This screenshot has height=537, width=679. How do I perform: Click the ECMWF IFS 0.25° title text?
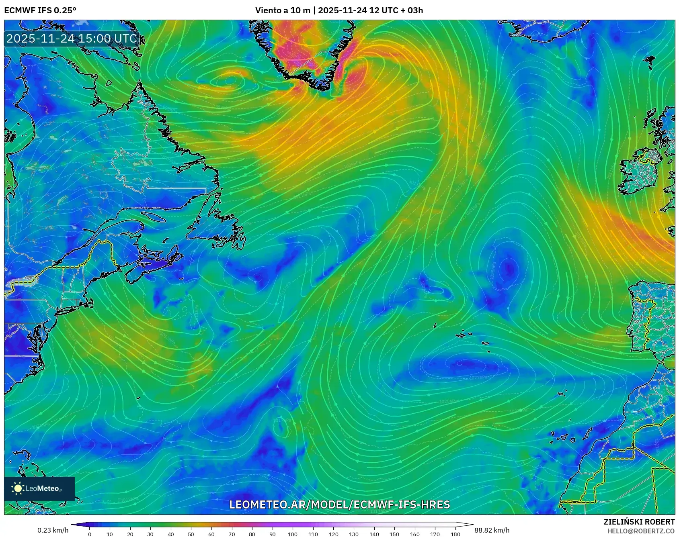click(x=40, y=10)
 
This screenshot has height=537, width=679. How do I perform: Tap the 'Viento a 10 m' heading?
click(x=283, y=10)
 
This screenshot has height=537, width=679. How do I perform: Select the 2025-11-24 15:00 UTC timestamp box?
click(x=72, y=39)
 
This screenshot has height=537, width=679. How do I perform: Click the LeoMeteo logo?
click(x=39, y=488)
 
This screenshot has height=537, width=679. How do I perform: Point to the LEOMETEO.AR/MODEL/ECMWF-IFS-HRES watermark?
click(x=339, y=504)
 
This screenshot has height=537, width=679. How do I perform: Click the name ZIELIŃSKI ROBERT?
click(x=639, y=522)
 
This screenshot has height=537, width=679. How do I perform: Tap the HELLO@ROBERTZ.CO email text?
click(x=641, y=531)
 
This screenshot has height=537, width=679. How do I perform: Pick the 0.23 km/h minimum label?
click(x=53, y=530)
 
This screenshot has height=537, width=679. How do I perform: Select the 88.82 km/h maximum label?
click(x=492, y=530)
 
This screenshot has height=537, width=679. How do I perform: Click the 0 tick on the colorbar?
click(x=90, y=534)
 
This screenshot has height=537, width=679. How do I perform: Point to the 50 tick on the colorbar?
click(x=191, y=534)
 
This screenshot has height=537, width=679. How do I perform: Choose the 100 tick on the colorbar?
click(x=293, y=534)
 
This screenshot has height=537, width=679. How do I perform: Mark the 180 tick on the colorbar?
click(x=455, y=534)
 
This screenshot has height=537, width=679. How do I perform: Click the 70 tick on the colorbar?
click(x=232, y=534)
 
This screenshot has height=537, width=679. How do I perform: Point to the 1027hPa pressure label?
click(x=478, y=378)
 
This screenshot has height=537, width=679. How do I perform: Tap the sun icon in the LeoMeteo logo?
click(x=18, y=488)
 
